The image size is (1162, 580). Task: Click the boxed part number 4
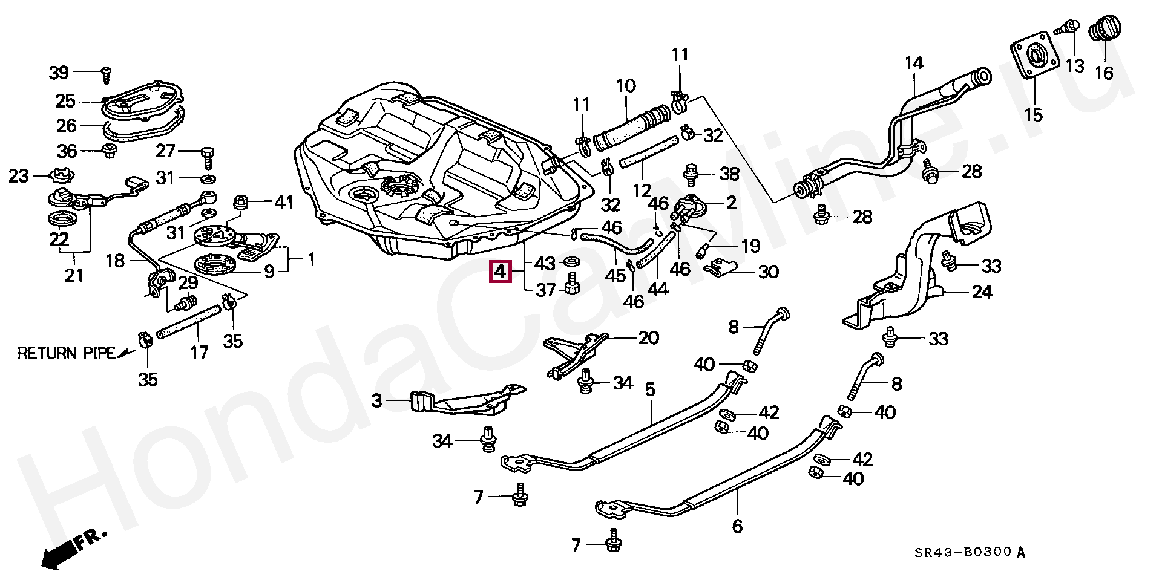pos(499,273)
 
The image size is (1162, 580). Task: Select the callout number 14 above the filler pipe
pos(914,64)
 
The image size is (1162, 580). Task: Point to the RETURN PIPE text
pos(66,353)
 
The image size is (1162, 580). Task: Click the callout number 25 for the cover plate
pos(65,101)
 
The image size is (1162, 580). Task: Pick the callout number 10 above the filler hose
pos(626,85)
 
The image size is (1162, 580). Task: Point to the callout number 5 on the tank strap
pos(650,390)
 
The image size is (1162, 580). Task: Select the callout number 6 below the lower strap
pos(737,526)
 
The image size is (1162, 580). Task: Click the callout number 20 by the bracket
pos(648,337)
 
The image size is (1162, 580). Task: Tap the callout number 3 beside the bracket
pos(377,400)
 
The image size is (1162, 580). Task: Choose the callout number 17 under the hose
pos(199,351)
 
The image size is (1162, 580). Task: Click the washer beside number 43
pos(570,262)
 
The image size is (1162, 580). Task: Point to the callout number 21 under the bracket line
pos(74,275)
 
